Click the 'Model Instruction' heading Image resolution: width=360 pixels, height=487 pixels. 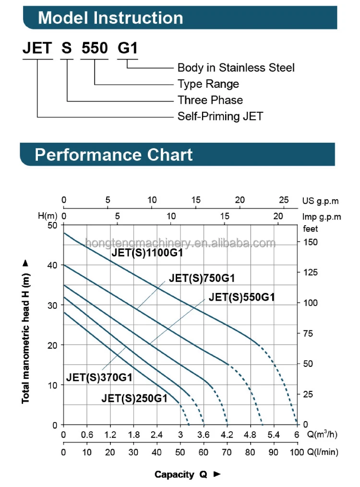[x=110, y=18]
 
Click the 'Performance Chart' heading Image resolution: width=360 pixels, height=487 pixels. [x=114, y=155]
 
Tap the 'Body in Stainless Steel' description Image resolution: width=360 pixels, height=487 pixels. [x=236, y=68]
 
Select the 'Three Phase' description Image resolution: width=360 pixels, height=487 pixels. [x=210, y=100]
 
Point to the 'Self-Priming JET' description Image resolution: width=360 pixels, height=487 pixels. [x=220, y=116]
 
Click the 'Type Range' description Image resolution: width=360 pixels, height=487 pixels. [x=208, y=84]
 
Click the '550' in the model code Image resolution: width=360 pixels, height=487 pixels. [x=95, y=48]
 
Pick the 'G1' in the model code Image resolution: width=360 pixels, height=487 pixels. [x=128, y=48]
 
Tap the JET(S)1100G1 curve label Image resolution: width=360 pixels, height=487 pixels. [x=147, y=253]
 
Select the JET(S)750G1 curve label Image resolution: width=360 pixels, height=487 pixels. [x=202, y=278]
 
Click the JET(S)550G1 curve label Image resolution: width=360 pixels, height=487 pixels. [x=241, y=297]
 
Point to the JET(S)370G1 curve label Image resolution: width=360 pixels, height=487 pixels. [x=99, y=377]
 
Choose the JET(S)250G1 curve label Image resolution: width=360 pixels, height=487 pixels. [x=134, y=398]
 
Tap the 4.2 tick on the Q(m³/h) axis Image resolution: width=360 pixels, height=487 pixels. [x=227, y=435]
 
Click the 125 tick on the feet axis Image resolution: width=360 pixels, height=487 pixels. [x=311, y=272]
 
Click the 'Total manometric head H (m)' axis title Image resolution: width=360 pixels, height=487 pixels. [x=26, y=331]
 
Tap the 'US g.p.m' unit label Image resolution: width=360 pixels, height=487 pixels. [x=321, y=201]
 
